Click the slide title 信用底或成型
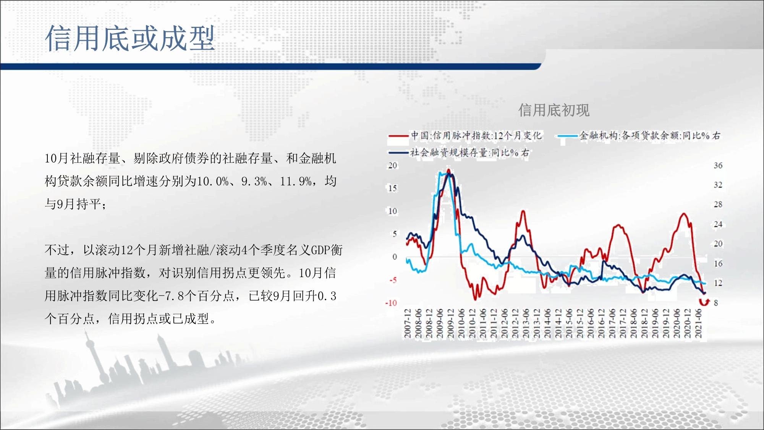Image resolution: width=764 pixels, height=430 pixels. point(130,38)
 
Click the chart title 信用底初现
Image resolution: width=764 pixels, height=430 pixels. point(554,110)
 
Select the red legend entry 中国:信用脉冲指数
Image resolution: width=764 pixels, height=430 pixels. point(465,136)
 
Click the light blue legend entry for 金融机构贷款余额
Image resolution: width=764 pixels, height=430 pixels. point(639,136)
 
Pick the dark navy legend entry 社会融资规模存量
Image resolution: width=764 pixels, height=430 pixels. point(459,153)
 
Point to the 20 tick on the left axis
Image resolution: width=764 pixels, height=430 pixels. point(393,166)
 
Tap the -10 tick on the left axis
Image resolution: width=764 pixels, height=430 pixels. point(391,303)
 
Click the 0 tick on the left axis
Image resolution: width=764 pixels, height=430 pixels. point(395,257)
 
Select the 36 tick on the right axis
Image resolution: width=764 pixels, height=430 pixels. point(718,166)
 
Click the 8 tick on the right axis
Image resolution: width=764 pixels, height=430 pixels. point(716,303)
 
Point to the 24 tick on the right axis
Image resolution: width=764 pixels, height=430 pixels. point(718,224)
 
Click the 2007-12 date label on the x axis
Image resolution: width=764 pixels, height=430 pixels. point(408,324)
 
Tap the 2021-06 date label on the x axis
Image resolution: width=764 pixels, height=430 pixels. point(699,324)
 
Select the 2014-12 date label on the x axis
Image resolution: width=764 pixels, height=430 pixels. point(558,324)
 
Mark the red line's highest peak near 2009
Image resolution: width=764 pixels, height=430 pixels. point(448,170)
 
